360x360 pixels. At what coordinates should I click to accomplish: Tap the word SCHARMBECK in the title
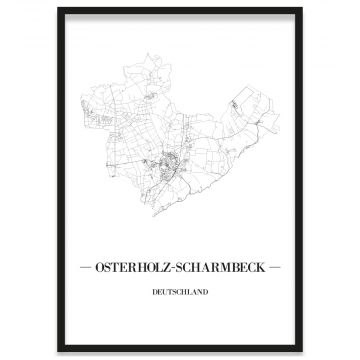click(x=221, y=268)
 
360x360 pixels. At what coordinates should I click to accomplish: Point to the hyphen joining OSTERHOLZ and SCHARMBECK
click(x=180, y=268)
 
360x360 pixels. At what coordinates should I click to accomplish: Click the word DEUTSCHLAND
click(x=181, y=292)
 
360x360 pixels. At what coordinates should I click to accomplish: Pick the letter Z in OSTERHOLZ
click(x=173, y=268)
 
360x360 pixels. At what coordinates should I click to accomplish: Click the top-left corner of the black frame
click(x=58, y=9)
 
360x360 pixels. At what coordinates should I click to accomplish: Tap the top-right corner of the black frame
click(x=301, y=9)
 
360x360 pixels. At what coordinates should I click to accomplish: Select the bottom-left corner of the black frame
click(x=58, y=351)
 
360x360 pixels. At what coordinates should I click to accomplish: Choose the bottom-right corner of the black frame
click(x=301, y=351)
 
